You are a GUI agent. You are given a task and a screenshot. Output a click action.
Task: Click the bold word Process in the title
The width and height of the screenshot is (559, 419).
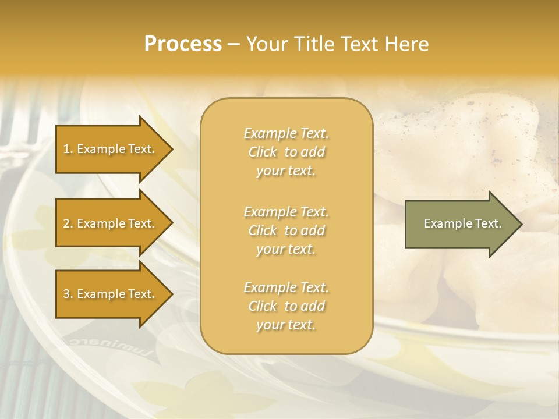(x=183, y=44)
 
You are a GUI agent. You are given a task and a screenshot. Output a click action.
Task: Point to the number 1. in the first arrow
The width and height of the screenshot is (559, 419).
(x=68, y=150)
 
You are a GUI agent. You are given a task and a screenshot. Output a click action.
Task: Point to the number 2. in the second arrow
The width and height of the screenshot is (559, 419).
(x=68, y=224)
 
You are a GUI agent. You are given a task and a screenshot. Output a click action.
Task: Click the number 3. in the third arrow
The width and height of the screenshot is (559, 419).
(x=68, y=294)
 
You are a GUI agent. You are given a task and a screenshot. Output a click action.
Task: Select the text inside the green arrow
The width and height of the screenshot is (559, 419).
(x=462, y=223)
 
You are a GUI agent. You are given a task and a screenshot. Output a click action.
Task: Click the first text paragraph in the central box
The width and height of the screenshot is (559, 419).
(x=286, y=152)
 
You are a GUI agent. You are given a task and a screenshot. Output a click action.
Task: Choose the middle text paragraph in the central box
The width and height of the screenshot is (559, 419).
(x=286, y=230)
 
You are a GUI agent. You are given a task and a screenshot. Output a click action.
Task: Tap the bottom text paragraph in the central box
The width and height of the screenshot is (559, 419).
(x=286, y=306)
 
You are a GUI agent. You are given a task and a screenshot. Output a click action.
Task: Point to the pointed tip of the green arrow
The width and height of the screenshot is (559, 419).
(x=521, y=224)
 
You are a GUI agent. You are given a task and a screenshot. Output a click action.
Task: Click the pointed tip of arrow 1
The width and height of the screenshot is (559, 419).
(x=172, y=150)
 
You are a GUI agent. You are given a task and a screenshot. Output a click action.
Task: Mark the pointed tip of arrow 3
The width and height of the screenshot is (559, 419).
(x=172, y=294)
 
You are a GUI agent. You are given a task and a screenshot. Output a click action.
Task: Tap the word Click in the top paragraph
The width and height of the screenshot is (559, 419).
(x=263, y=152)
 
